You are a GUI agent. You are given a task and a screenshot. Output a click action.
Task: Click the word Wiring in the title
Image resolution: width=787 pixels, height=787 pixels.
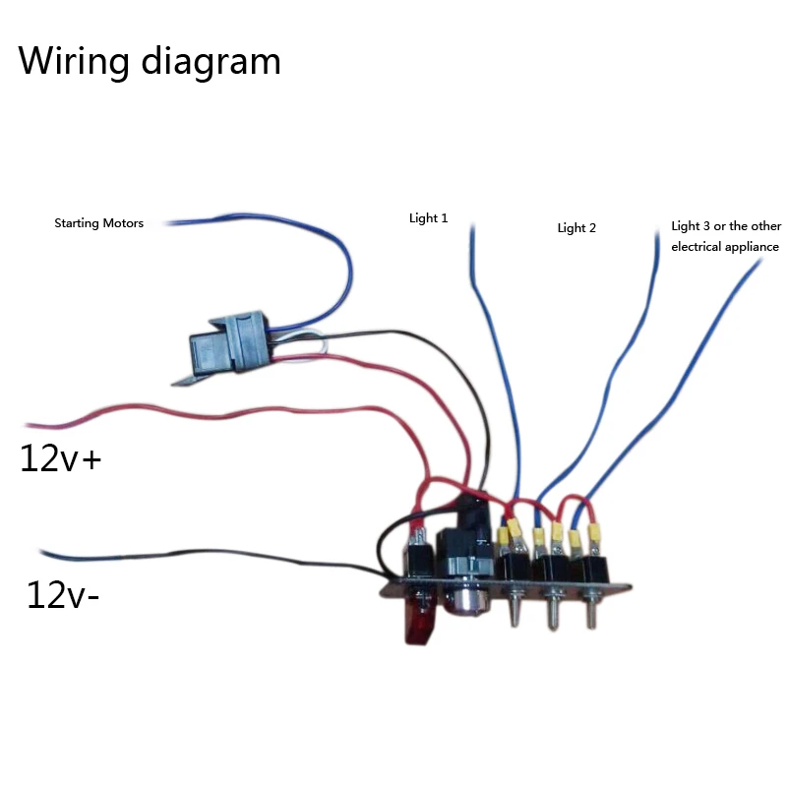(74, 62)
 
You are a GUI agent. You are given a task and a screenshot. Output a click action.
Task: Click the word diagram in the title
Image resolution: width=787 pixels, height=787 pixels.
(211, 62)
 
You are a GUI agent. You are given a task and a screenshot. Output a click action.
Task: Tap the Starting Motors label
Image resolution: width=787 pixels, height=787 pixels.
(99, 223)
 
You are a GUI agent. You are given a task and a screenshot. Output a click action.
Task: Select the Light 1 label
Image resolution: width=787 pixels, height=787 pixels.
(428, 218)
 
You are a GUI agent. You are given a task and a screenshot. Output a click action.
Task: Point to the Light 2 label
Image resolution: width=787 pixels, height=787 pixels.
(576, 228)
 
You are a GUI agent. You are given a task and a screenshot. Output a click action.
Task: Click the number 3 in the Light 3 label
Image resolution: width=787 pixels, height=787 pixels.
(706, 226)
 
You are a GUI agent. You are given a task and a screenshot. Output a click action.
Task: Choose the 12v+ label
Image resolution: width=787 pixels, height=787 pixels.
(60, 458)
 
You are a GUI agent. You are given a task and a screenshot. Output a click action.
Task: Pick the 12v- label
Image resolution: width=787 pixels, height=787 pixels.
(62, 595)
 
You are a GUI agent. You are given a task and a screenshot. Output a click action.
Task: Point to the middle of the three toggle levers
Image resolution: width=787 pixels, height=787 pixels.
(553, 610)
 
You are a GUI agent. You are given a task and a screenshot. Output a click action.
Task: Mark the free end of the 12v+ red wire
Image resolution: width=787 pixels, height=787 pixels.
(28, 426)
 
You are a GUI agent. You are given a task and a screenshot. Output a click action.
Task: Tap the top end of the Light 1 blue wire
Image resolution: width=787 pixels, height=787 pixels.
(472, 227)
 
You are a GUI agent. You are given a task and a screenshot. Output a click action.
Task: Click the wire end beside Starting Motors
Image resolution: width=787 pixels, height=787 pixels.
(167, 223)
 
